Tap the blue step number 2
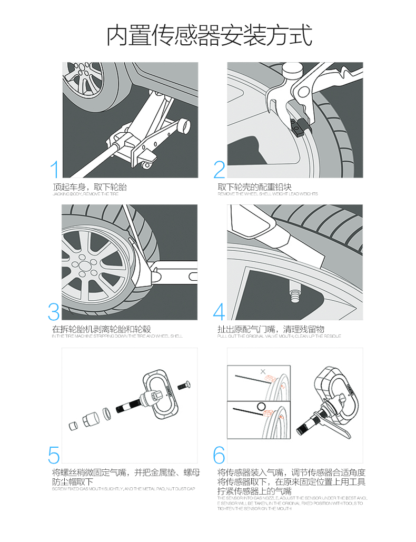point(219,170)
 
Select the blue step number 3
point(54,311)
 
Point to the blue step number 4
point(219,311)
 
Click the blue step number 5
point(54,455)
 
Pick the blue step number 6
point(219,455)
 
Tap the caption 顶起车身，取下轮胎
point(90,187)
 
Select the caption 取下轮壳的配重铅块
point(254,187)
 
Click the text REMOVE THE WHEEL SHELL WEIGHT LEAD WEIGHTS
point(268,194)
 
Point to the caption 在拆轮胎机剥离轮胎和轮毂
point(102,329)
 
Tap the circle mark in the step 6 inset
point(260,406)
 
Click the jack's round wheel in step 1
point(184,126)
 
